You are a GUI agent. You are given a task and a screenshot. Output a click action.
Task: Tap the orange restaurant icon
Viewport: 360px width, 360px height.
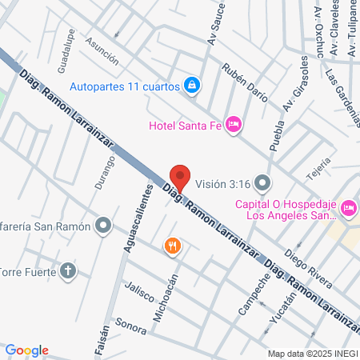click(171, 246)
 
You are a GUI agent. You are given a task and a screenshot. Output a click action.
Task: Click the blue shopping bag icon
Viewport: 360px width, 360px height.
click(192, 84)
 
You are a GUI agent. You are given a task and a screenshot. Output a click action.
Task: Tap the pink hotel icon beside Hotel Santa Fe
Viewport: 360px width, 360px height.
click(234, 123)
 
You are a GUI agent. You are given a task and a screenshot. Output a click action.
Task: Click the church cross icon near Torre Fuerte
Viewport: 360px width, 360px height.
click(69, 270)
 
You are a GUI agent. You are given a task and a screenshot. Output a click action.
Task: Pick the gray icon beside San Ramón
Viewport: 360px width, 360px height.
click(102, 226)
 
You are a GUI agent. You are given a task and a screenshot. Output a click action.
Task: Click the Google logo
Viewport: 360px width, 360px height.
click(27, 350)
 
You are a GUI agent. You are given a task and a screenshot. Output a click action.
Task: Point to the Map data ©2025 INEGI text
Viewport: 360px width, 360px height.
click(311, 354)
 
